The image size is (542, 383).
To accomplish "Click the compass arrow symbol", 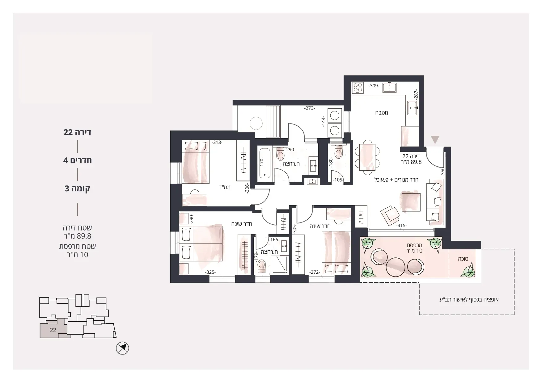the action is [122, 348].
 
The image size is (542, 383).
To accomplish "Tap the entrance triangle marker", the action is [435, 140].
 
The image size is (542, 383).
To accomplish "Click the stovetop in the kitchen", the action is [358, 88].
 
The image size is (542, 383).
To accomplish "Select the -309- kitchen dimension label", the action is [374, 86].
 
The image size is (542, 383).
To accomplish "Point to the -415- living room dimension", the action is [401, 226].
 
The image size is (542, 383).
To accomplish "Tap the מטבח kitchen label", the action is [382, 113].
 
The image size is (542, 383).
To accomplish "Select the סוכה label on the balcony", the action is [463, 259].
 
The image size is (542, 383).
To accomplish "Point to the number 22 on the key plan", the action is [53, 330].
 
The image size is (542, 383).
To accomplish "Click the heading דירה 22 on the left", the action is [77, 132].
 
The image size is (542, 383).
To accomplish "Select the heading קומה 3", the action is [77, 188].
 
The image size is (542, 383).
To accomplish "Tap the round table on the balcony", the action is [396, 267].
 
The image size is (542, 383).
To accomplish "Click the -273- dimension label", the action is [309, 108].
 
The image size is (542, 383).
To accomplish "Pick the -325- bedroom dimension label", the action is [210, 272].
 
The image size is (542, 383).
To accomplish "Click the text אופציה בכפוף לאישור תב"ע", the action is [469, 299].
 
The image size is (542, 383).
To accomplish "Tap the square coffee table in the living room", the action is [411, 202].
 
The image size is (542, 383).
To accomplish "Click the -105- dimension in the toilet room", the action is [338, 180].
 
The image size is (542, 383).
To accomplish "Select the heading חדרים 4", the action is [77, 160].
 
